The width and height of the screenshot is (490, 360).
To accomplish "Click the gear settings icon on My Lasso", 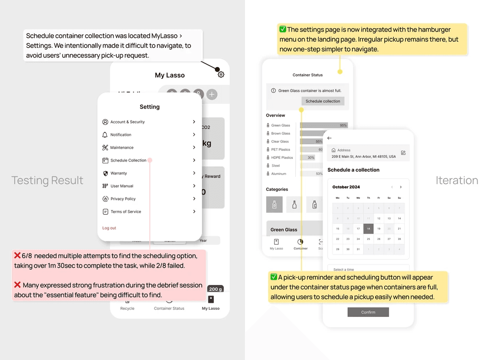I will tap(221, 75).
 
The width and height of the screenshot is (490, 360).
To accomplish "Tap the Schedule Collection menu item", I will tap(128, 160).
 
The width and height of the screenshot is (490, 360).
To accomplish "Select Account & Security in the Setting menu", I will tap(127, 122).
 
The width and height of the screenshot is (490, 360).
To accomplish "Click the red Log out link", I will tap(109, 228).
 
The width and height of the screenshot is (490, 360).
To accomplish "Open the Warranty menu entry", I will tap(119, 173).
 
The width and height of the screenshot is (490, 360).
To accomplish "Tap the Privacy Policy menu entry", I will tap(123, 199).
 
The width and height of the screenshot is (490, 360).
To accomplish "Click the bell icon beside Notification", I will tap(105, 135).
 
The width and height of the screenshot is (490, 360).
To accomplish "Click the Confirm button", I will tap(368, 312).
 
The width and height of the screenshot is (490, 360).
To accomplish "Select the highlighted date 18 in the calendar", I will tap(368, 229).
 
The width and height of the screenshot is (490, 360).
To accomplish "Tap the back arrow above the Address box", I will tap(329, 138).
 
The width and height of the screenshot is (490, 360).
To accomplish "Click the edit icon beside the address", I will tap(403, 153).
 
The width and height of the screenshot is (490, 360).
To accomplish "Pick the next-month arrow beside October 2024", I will tap(401, 187).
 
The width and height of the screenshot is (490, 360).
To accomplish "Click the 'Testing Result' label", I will tap(47, 180).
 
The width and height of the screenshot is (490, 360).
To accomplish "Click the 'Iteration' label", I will tap(457, 180).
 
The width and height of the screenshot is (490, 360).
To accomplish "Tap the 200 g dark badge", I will tap(215, 289).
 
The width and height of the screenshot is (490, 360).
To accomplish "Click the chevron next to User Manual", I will tap(194, 186).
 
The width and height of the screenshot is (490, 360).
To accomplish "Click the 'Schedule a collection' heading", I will tap(353, 170).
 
